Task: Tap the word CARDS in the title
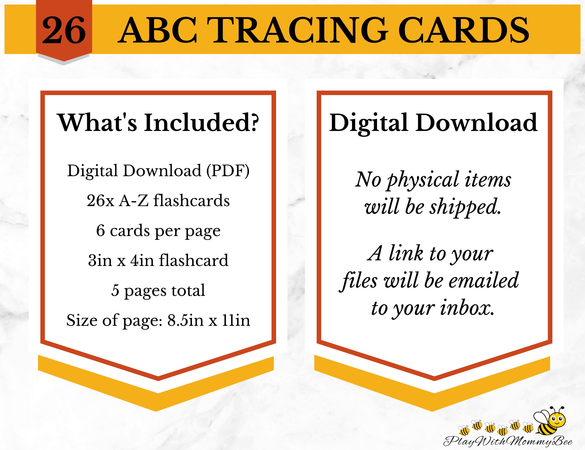coord(465,30)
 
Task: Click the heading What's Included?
coord(158,123)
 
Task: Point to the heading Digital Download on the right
coord(433,123)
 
